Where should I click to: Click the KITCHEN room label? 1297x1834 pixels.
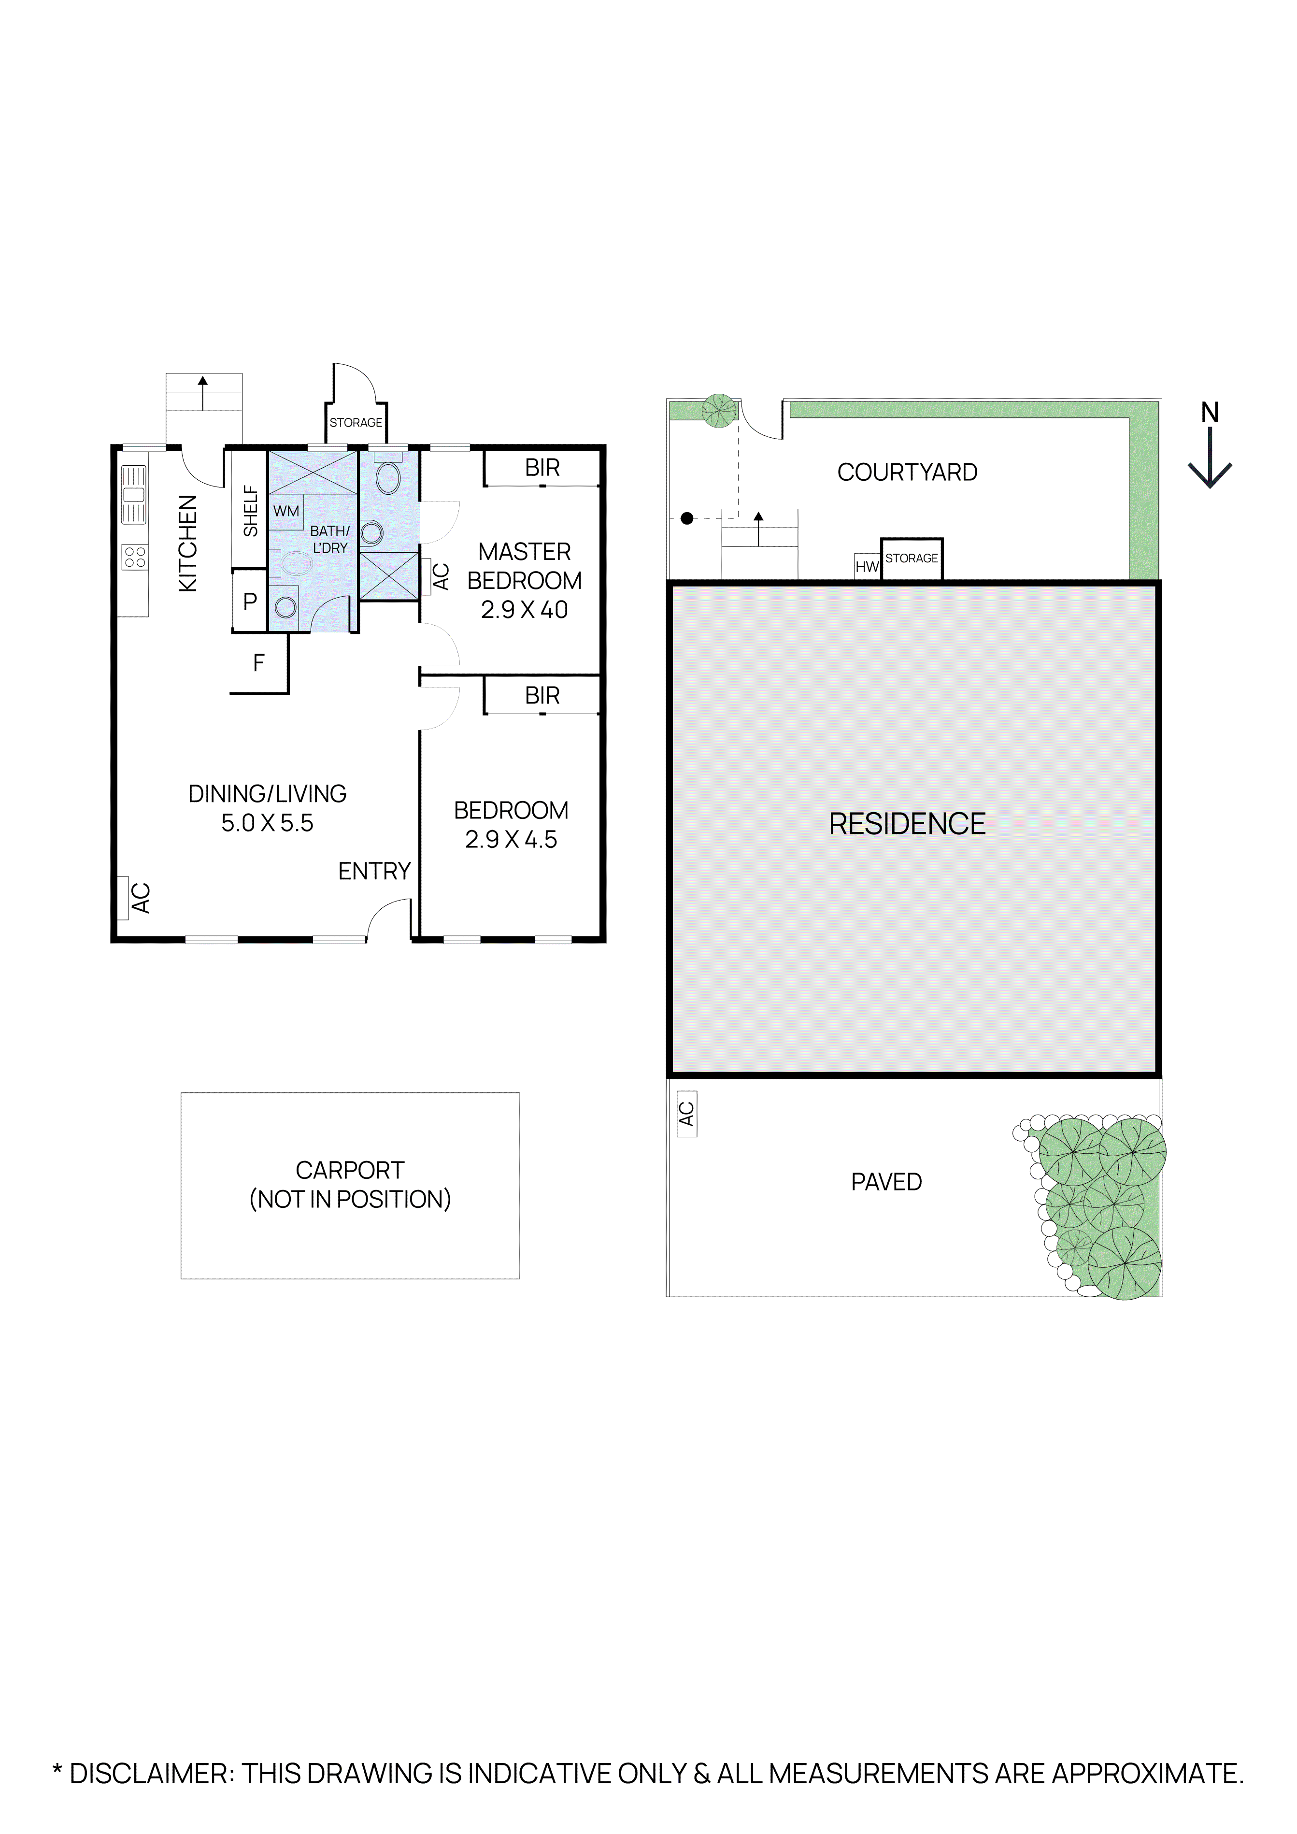pos(187,543)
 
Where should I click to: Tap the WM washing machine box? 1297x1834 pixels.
pos(286,511)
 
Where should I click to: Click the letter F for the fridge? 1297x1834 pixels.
pos(259,662)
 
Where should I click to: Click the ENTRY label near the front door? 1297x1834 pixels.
pos(374,871)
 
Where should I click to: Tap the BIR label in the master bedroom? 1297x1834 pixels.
pos(542,468)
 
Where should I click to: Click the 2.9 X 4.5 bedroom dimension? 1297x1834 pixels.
pos(511,840)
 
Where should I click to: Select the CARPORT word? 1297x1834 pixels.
pos(350,1170)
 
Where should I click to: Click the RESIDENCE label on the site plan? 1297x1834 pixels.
pos(907,824)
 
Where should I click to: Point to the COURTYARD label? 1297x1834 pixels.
pos(907,472)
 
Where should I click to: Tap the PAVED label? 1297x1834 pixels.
pos(886,1181)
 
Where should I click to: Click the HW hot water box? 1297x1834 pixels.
pos(867,566)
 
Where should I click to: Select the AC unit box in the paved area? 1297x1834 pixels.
pos(686,1114)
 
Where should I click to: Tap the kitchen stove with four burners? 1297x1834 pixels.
pos(134,557)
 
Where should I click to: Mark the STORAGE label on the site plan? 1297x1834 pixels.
pos(911,559)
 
